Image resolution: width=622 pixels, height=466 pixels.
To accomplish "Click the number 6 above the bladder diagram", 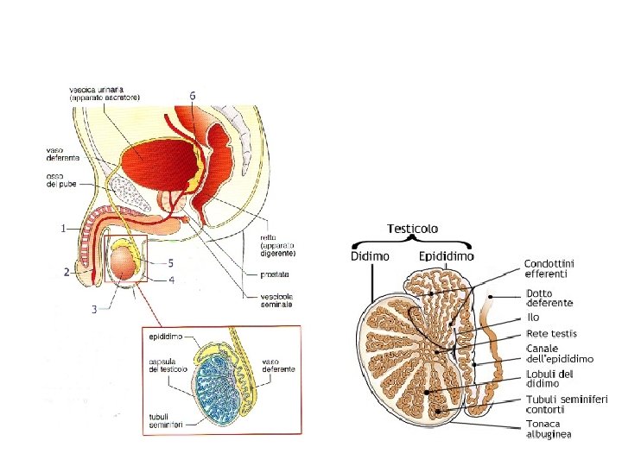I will coord(193,94).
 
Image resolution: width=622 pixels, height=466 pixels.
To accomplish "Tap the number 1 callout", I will coord(62,229).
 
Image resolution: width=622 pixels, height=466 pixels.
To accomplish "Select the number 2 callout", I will coord(66,272).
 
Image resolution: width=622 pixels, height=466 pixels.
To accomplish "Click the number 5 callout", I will coord(171,262).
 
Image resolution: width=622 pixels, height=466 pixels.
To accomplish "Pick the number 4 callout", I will coord(171,280).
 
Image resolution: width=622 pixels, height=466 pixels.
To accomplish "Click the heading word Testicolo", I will coord(413,229).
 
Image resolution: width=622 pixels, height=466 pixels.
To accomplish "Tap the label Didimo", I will coord(370,256).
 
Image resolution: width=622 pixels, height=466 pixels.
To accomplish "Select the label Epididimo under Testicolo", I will coord(447,256).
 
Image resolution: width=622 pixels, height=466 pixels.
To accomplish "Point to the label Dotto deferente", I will coord(549,299).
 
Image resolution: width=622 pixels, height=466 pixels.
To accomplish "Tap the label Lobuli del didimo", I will coord(550,378).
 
